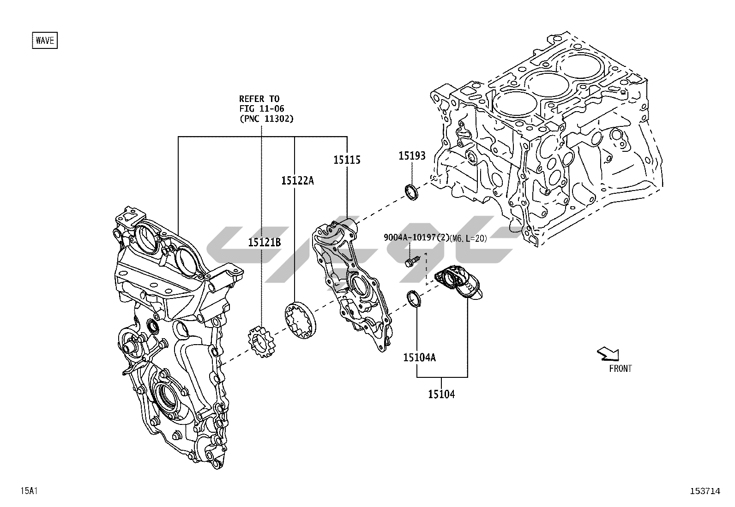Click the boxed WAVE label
pyautogui.click(x=45, y=40)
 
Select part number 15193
pyautogui.click(x=412, y=156)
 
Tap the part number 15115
pyautogui.click(x=347, y=160)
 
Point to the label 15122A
pyautogui.click(x=297, y=180)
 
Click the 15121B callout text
pyautogui.click(x=264, y=242)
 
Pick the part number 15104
pyautogui.click(x=441, y=394)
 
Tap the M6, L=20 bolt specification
pyautogui.click(x=468, y=238)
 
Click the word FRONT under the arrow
pyautogui.click(x=621, y=368)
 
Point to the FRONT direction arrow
pyautogui.click(x=608, y=354)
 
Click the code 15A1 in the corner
pyautogui.click(x=28, y=491)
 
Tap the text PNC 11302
pyautogui.click(x=266, y=119)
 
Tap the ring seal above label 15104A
pyautogui.click(x=414, y=298)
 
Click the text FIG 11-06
pyautogui.click(x=261, y=108)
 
